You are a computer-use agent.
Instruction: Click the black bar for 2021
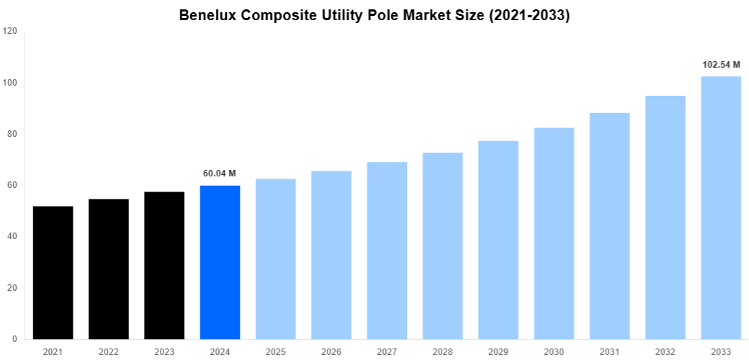point(53,273)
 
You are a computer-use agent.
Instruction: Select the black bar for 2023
point(164,266)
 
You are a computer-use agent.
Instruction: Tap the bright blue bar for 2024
point(220,263)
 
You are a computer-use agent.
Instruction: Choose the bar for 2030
point(554,234)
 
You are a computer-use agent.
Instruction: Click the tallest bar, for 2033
point(721,208)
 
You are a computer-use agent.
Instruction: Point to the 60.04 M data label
point(220,174)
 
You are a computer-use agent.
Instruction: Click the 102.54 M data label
point(721,65)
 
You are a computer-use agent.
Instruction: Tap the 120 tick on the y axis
point(9,32)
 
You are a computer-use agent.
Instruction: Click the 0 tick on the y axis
point(14,339)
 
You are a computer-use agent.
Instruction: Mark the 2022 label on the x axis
point(109,351)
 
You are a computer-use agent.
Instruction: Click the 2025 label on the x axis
point(276,351)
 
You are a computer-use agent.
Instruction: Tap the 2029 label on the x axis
point(498,351)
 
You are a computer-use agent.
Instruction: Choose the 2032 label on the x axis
point(665,351)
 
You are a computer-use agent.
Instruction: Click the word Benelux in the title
point(210,15)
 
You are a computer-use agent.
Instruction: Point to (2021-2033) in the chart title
point(529,15)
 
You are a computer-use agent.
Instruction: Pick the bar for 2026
point(331,255)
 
